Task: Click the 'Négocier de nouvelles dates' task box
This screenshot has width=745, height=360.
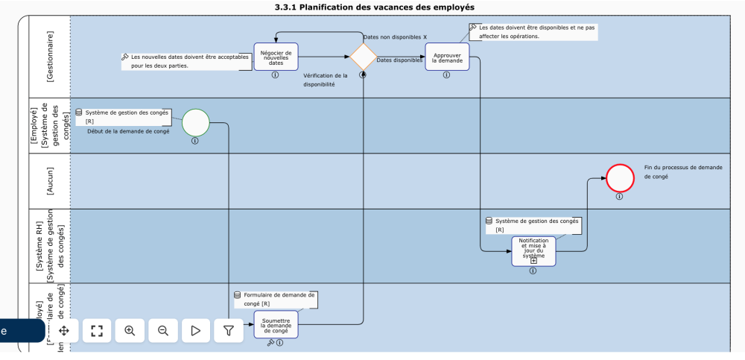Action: coord(276,57)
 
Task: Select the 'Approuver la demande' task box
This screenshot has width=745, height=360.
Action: coord(447,57)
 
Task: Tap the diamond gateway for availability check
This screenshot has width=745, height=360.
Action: coord(363,57)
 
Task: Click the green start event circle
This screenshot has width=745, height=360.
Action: coord(196,122)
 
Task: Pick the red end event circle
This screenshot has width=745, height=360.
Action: coord(619,178)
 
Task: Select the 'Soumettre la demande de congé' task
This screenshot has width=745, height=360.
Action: coord(276,324)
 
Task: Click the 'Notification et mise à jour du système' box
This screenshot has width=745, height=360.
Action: coord(533,250)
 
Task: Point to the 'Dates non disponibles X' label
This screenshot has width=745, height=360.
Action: coord(395,37)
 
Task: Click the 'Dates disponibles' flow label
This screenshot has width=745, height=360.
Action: coord(399,60)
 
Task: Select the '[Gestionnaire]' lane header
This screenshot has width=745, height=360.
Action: coord(50,56)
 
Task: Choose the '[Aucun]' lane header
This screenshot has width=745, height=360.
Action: coord(50,181)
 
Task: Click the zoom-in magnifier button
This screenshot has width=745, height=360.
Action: coord(130,331)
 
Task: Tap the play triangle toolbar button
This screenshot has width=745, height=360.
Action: coord(195,331)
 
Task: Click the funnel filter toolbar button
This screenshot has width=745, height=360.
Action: coord(229,331)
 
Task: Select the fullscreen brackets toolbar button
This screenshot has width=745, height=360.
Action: coord(96,331)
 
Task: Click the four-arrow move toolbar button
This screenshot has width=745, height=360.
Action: coord(64,331)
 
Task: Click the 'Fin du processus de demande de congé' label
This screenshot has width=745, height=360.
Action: coord(682,172)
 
